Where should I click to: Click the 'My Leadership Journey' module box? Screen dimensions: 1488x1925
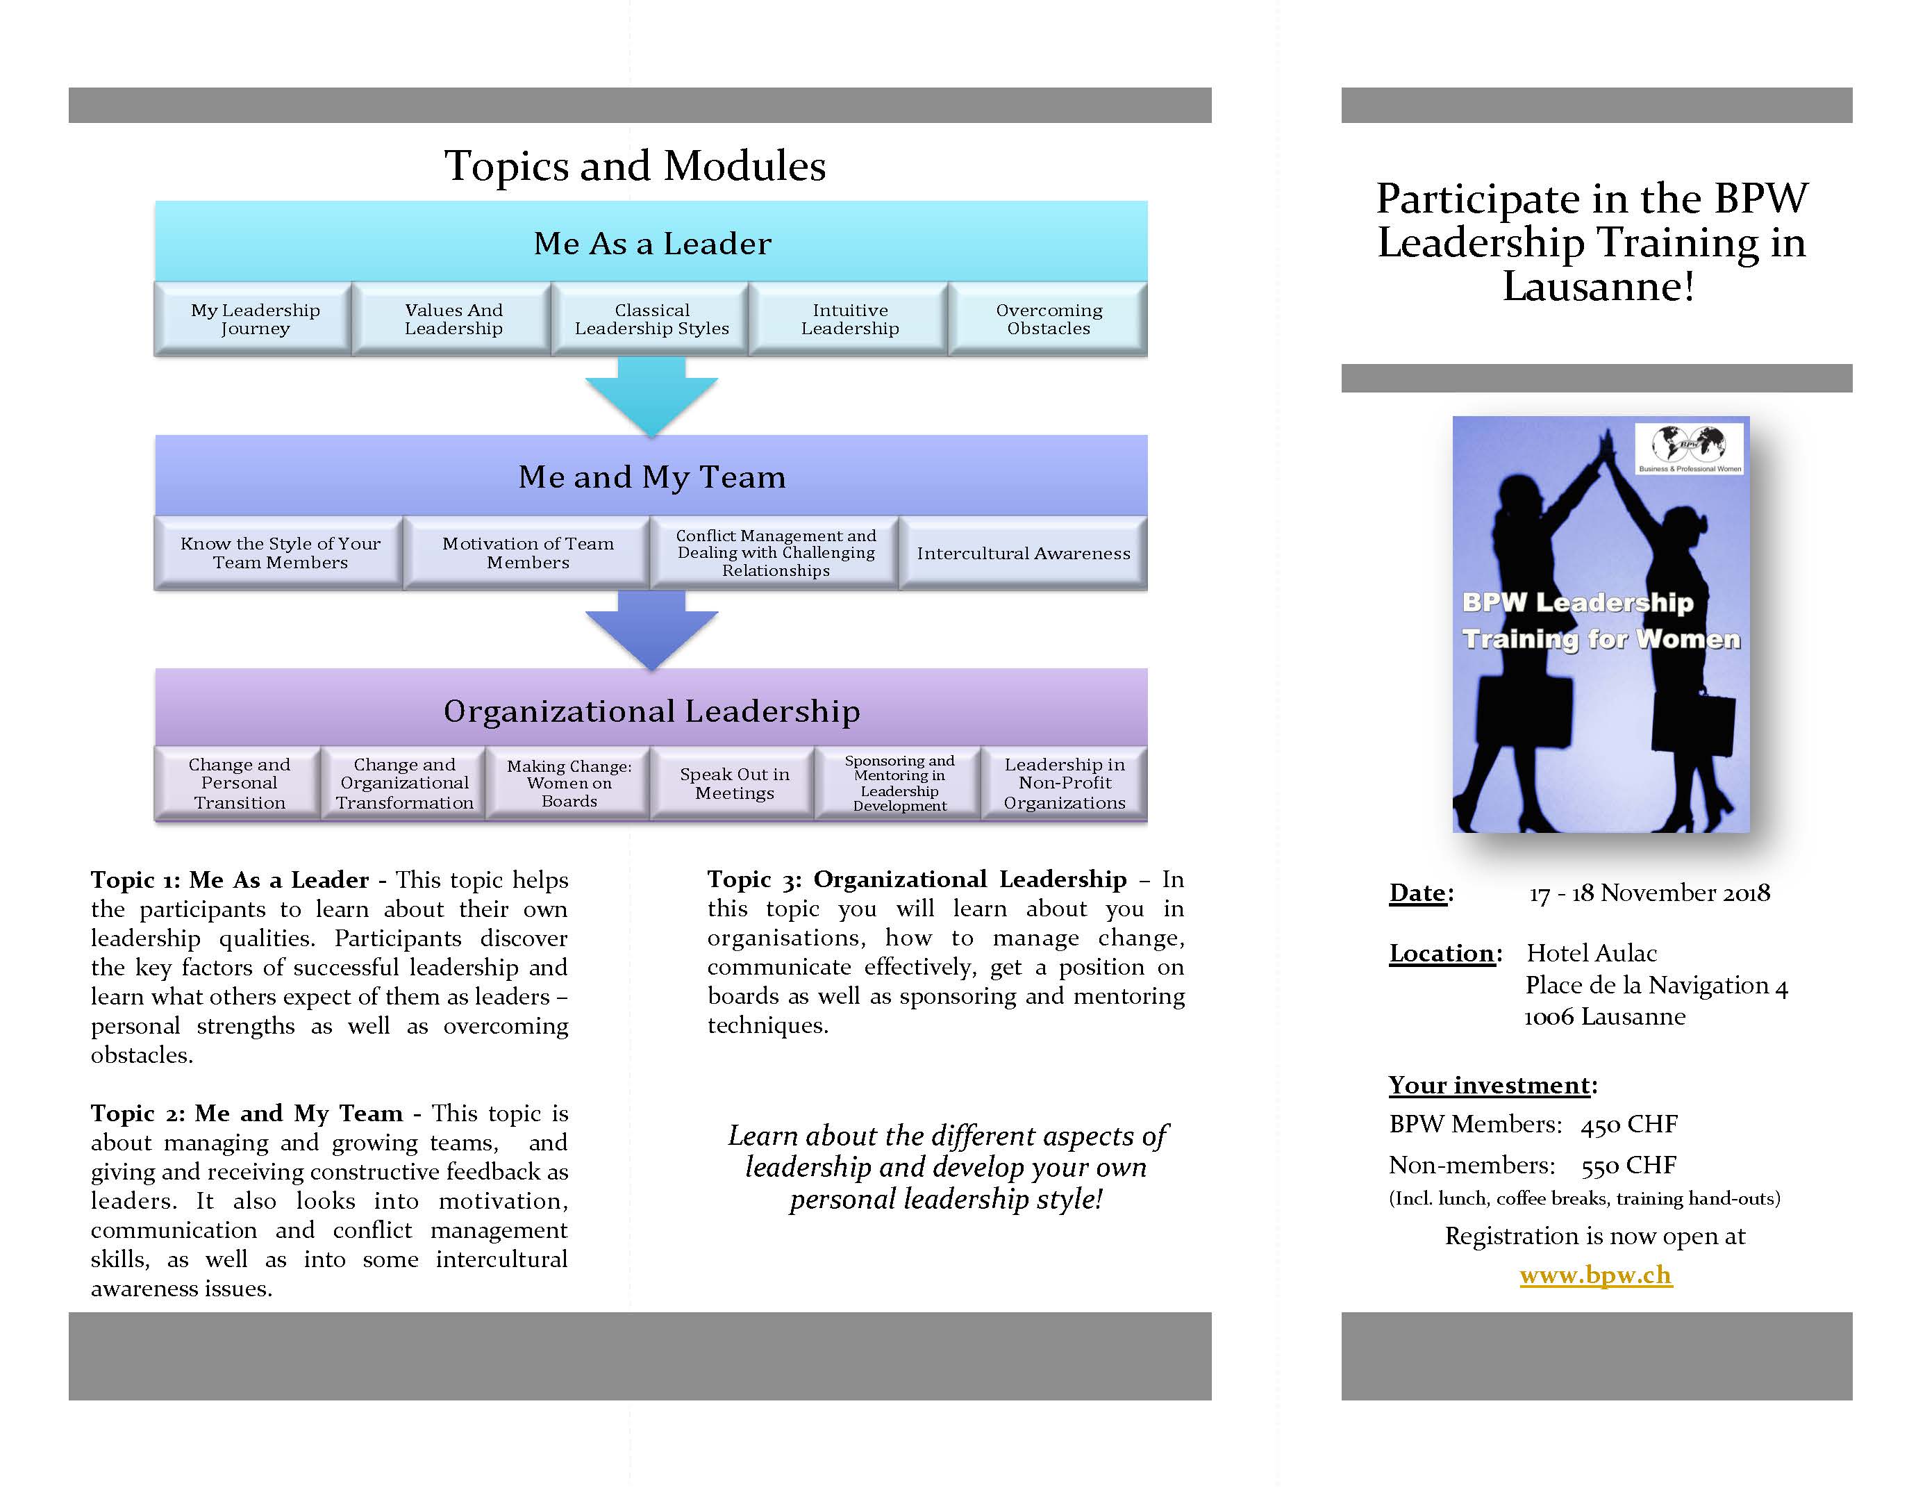pyautogui.click(x=255, y=319)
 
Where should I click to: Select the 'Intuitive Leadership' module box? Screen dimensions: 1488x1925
pyautogui.click(x=850, y=319)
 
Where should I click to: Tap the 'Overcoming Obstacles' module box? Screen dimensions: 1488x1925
pyautogui.click(x=1048, y=319)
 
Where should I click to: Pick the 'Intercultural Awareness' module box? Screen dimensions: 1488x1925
pyautogui.click(x=1022, y=554)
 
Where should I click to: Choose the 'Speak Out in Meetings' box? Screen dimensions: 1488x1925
pyautogui.click(x=733, y=784)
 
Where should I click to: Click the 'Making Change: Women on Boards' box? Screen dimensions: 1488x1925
pyautogui.click(x=569, y=784)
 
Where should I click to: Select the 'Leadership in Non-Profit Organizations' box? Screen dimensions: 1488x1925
pyautogui.click(x=1064, y=784)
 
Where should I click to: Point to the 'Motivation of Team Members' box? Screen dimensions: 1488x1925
pyautogui.click(x=527, y=554)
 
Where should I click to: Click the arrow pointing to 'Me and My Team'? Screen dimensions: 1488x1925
pyautogui.click(x=651, y=395)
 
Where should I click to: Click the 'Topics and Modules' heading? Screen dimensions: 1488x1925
pyautogui.click(x=635, y=166)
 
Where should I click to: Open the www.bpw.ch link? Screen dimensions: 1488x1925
pyautogui.click(x=1595, y=1275)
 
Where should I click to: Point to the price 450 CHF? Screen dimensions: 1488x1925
pyautogui.click(x=1629, y=1125)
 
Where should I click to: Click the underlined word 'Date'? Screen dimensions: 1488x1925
pyautogui.click(x=1417, y=893)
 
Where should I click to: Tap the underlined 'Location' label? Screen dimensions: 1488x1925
pyautogui.click(x=1441, y=953)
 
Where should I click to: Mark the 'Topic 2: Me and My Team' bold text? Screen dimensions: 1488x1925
pyautogui.click(x=247, y=1114)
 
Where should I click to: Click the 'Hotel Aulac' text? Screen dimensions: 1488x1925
pyautogui.click(x=1592, y=953)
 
